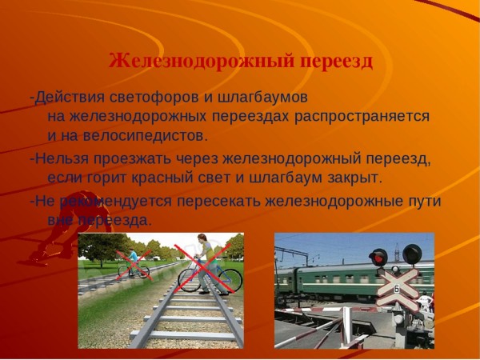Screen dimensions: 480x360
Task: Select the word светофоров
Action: click(x=153, y=98)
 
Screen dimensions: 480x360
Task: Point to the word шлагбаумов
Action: click(x=262, y=98)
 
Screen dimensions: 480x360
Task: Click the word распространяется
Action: click(x=362, y=118)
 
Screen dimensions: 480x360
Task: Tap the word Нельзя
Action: click(x=62, y=159)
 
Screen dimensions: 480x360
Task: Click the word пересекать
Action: click(x=218, y=202)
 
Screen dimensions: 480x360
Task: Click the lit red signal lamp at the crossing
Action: click(x=378, y=258)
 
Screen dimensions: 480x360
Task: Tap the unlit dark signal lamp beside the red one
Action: click(x=412, y=254)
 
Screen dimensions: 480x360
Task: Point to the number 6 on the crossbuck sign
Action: click(x=396, y=289)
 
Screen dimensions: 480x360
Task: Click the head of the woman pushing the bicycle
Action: click(x=202, y=238)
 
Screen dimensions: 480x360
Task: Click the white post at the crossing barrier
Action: click(x=347, y=327)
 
